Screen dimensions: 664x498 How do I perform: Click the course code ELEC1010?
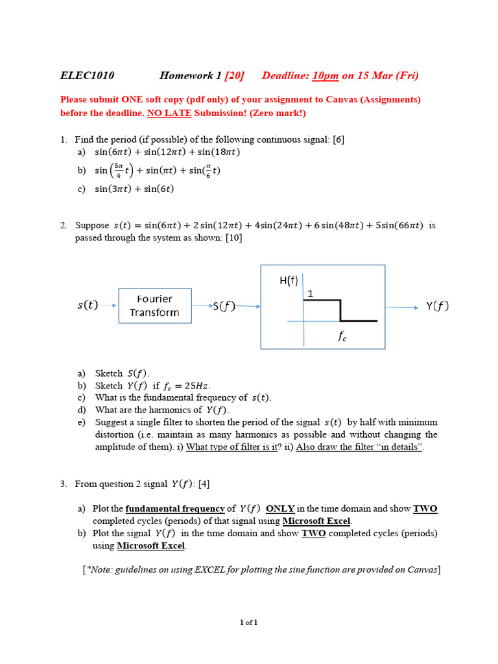point(87,76)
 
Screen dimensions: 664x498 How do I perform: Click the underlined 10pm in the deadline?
point(326,76)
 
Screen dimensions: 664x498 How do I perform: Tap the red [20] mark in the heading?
point(234,76)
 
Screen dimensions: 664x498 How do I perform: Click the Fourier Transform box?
point(155,305)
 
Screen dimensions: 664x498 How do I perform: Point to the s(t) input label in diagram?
point(88,305)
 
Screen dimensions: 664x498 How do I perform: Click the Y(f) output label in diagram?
point(437,306)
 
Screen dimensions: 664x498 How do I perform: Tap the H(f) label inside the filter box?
point(289,281)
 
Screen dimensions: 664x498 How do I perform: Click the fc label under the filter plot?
point(342,337)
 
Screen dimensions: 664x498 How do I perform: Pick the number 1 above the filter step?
point(310,294)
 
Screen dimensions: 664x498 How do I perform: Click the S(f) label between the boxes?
point(224,307)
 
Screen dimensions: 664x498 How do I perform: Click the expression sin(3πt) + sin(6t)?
point(134,189)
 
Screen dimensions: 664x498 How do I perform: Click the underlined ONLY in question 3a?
point(280,509)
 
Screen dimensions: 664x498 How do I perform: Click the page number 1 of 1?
point(249,622)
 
